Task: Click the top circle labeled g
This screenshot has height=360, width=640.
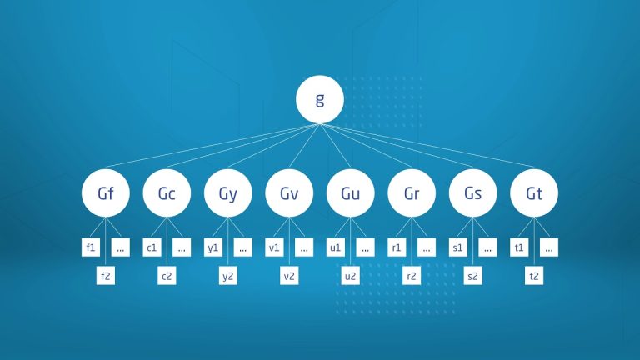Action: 320,99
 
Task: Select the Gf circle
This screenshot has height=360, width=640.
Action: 106,193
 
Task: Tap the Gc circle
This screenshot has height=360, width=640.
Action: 167,193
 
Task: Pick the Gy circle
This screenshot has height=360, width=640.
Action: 228,193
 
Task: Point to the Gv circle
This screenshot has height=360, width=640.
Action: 289,193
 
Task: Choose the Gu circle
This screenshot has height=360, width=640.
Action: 351,193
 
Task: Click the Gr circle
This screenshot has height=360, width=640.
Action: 412,193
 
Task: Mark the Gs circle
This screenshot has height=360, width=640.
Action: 473,193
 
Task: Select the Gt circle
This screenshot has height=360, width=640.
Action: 534,193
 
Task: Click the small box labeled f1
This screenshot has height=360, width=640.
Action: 91,247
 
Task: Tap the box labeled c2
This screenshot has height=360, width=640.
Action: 167,276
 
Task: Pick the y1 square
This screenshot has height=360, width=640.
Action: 213,247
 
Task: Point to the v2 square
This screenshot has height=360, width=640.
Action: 289,276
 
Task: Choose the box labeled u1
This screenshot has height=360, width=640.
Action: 336,247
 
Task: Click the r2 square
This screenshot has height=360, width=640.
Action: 412,276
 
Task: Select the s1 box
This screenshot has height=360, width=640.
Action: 458,247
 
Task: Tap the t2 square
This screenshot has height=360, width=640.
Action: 534,276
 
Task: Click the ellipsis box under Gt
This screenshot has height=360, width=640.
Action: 549,247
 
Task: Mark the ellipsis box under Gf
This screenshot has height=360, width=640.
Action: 120,247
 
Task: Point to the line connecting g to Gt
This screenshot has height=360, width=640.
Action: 427,145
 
